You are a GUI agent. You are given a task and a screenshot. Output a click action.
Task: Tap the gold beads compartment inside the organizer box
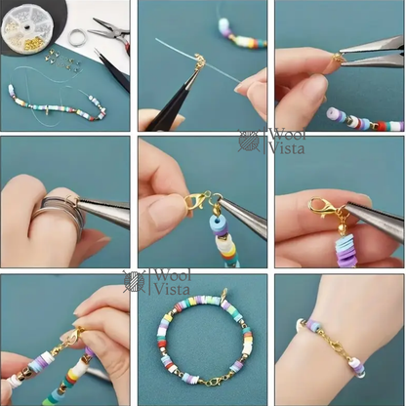[30, 42]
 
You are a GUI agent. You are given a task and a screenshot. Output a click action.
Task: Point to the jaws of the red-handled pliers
[101, 27]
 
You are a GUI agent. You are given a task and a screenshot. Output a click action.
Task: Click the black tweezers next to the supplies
[112, 69]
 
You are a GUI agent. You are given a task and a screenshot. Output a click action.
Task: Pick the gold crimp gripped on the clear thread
[199, 60]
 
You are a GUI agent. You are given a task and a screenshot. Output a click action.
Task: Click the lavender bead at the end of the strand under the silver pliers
[333, 113]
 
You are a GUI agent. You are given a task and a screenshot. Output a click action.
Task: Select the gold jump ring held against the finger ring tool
[72, 198]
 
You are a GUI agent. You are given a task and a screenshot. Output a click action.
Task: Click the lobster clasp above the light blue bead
[196, 202]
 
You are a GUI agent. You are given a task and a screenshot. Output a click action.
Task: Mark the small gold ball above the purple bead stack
[340, 227]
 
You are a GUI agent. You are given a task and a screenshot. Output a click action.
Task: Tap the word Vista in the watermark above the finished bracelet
[172, 289]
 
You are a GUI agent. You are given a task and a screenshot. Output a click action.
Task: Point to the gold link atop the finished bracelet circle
[223, 295]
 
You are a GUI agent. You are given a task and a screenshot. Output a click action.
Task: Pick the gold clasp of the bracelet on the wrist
[334, 344]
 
